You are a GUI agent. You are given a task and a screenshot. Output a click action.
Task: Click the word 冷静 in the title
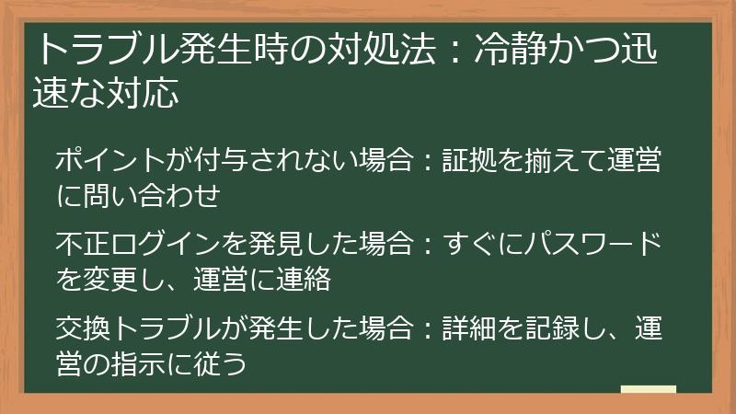click(512, 51)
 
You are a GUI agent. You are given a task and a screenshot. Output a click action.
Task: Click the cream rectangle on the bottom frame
click(649, 390)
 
